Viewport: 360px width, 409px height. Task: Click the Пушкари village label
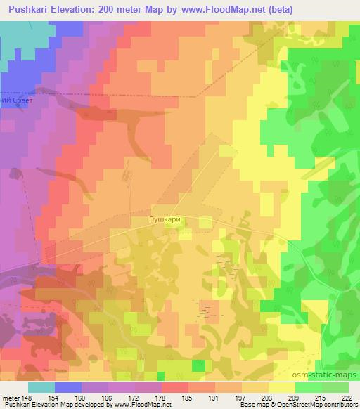(x=166, y=219)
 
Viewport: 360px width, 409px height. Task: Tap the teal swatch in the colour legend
(x=41, y=387)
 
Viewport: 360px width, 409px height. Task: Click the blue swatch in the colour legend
(x=68, y=387)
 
